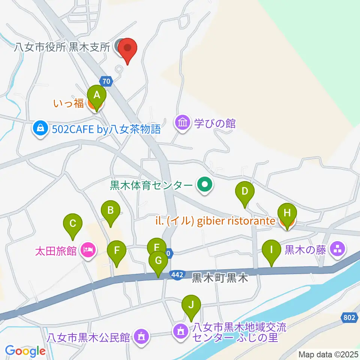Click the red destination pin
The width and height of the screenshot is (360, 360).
coord(127,49)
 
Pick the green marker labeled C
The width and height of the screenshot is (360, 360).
coord(73,225)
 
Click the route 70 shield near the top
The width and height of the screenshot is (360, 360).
coord(106,80)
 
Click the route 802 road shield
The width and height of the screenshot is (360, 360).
coord(349,318)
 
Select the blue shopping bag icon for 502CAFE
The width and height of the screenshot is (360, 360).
coord(39,129)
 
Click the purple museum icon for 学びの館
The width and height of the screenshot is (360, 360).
coord(183,123)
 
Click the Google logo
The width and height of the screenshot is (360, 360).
coord(25,351)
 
